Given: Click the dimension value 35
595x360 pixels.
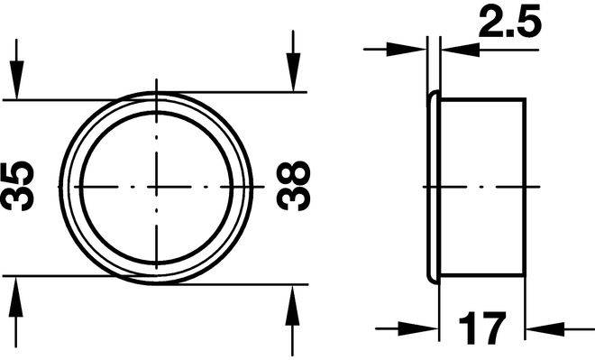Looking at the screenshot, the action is pos(17,186).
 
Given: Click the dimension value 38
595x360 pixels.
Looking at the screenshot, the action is pos(293,186).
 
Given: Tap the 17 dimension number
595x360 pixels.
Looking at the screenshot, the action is pos(482,328).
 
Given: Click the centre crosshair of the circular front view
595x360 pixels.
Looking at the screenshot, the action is pos(156,187).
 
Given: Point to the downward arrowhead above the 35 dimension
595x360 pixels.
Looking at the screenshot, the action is pos(16,79).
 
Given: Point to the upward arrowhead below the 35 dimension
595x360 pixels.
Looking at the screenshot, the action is pos(16,297).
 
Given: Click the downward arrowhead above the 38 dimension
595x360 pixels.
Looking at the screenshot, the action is pos(293,72).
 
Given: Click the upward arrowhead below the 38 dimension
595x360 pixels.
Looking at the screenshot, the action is pos(292,305).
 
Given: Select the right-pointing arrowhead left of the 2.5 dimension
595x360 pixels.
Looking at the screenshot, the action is pos(407,50).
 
